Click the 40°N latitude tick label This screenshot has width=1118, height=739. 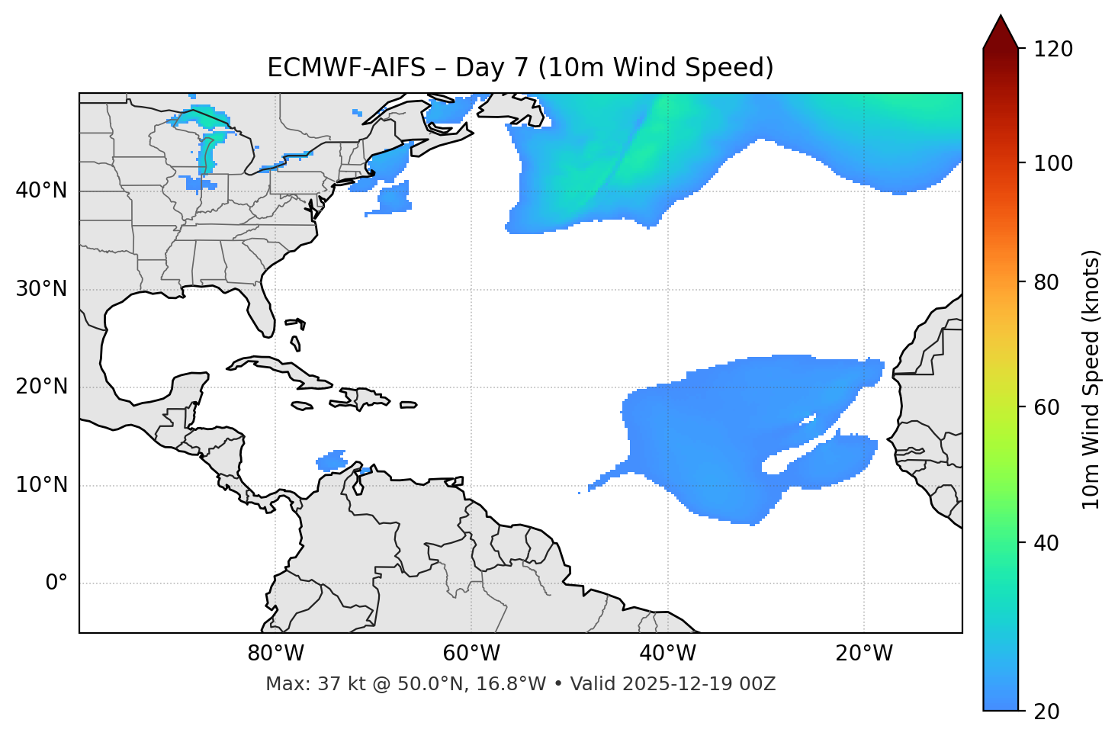point(41,191)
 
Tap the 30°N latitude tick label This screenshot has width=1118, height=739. point(41,289)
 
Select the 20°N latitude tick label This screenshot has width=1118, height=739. point(41,387)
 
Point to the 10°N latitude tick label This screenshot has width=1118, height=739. point(41,485)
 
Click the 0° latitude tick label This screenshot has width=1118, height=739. point(56,583)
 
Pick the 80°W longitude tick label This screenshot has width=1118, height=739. point(275,654)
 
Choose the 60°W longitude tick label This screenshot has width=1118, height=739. point(471,654)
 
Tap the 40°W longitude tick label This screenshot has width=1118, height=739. point(667,654)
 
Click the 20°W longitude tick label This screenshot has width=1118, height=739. point(864,654)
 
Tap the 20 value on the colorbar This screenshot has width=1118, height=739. point(1046,711)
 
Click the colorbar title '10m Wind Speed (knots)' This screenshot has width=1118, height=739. point(1091,379)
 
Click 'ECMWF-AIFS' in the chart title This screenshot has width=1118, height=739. point(345,68)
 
